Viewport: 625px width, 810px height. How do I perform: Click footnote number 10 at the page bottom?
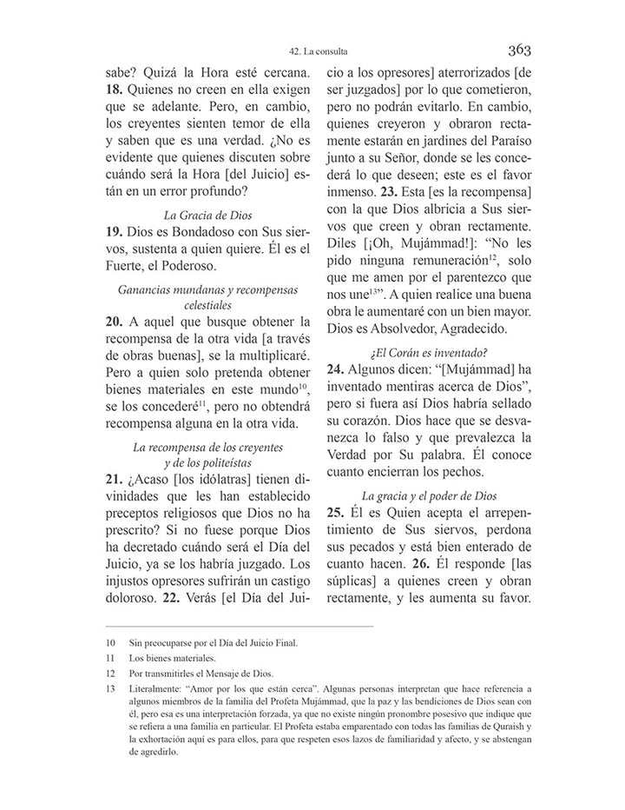[110, 642]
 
